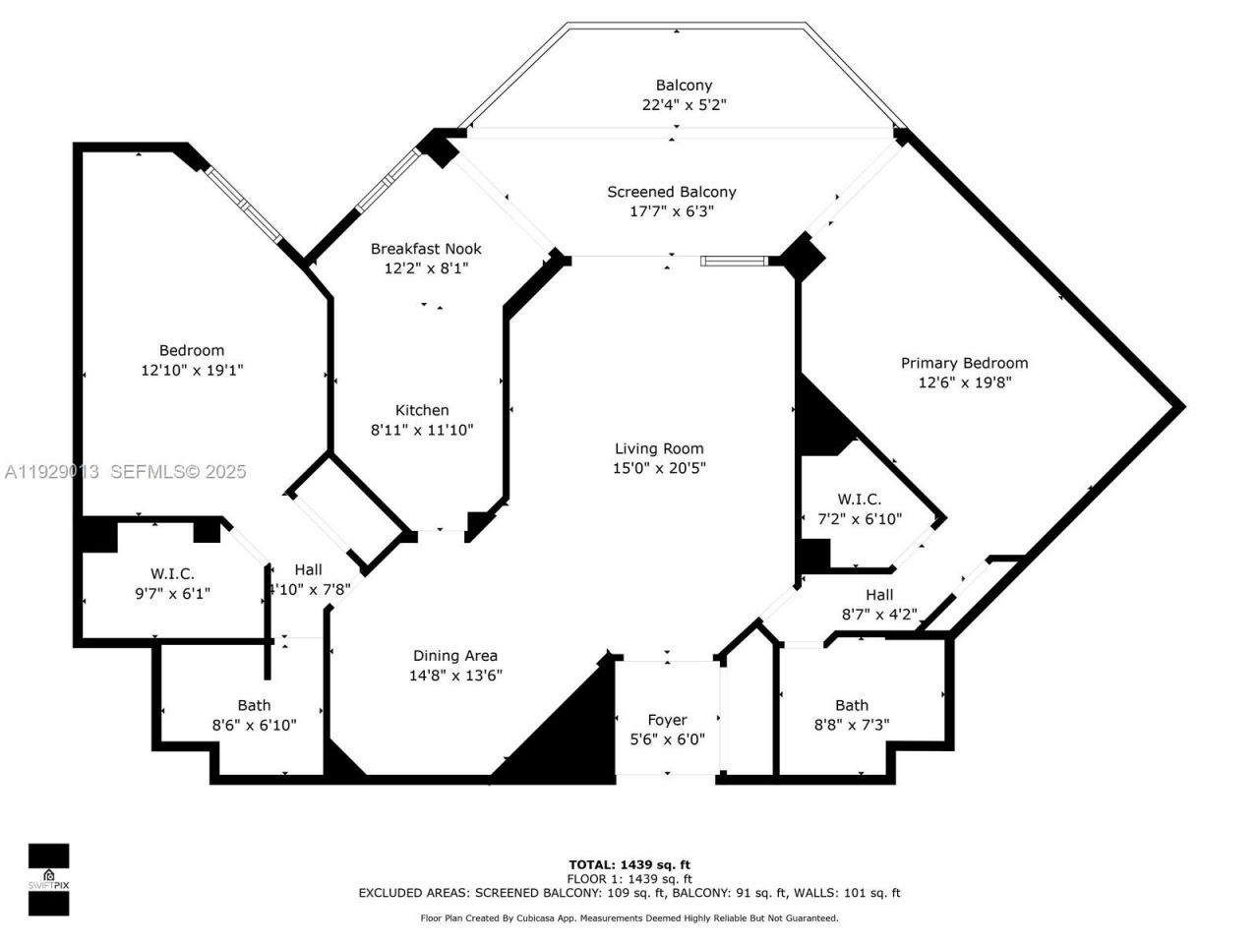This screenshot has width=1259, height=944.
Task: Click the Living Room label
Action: click(659, 448)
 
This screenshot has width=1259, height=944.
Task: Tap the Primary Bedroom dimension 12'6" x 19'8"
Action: click(964, 383)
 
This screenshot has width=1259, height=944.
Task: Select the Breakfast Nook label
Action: click(426, 249)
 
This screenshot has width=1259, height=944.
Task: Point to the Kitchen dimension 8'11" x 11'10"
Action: click(422, 430)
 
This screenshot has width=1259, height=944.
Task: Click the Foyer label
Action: click(667, 720)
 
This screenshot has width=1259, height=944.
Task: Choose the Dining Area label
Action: click(454, 656)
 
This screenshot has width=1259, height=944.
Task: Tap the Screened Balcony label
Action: click(671, 192)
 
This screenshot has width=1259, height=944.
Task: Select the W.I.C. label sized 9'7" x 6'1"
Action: click(172, 573)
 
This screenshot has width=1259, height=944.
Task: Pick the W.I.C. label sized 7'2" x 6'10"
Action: click(860, 500)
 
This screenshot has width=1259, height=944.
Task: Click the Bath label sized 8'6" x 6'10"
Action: click(254, 705)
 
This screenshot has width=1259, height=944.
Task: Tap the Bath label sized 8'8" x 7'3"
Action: click(852, 705)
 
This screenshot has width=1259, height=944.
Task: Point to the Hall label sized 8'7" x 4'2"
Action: click(879, 595)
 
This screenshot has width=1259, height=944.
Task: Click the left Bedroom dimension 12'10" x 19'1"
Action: click(192, 371)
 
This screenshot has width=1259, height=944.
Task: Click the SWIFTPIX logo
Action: click(48, 879)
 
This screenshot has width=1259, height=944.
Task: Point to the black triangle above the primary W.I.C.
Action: click(821, 418)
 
